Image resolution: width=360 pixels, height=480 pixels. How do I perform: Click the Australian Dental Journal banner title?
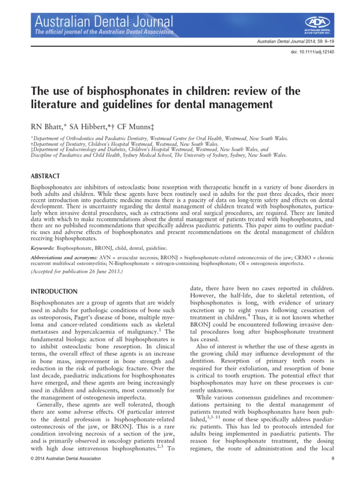(x=102, y=20)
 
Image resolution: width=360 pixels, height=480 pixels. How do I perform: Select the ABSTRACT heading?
(x=45, y=163)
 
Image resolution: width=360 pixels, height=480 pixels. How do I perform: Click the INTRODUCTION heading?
(x=54, y=292)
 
